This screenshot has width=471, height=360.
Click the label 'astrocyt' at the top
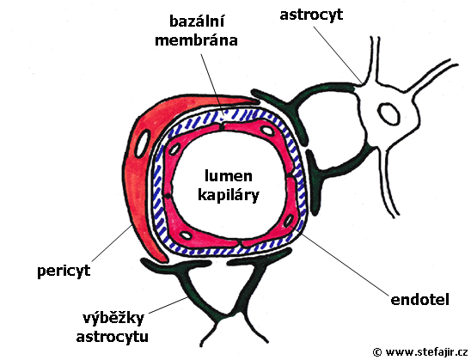(x=311, y=15)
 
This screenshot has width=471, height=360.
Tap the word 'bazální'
(x=197, y=21)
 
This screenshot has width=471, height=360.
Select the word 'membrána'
(x=196, y=40)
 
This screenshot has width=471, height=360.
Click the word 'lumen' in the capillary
(x=228, y=176)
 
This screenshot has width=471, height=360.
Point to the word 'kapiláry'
(x=229, y=195)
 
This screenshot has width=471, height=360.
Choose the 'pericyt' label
(x=64, y=272)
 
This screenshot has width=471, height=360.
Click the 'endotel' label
(x=419, y=299)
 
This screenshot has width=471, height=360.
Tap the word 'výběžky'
(x=113, y=319)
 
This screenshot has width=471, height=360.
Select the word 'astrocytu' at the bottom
(x=112, y=337)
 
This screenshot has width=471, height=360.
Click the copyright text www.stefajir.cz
(x=420, y=351)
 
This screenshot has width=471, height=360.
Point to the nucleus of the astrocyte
(x=389, y=113)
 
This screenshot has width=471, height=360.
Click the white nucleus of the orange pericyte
(x=143, y=143)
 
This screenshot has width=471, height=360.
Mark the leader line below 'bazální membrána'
(x=212, y=85)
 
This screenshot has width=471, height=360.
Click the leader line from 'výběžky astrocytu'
(x=168, y=304)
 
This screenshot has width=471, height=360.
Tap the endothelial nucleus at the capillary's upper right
(x=266, y=131)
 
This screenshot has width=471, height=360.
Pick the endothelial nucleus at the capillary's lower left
(x=187, y=235)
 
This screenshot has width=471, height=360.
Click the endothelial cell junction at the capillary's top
(x=222, y=127)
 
